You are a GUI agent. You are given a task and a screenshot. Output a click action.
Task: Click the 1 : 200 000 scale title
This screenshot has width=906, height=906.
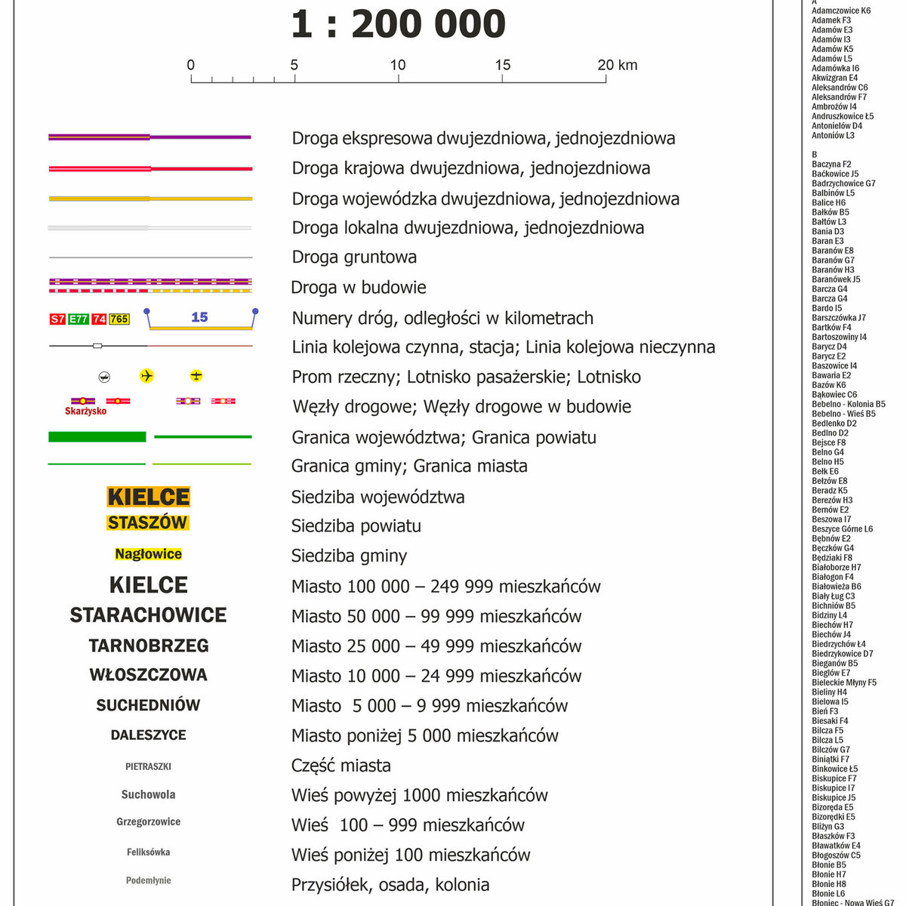pos(398,24)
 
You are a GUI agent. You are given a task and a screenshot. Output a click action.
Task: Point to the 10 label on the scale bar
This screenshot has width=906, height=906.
pos(398,65)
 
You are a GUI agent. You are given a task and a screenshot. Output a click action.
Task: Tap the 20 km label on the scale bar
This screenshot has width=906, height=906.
pos(617,65)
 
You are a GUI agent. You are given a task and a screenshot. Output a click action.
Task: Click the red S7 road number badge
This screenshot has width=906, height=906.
pos(57,319)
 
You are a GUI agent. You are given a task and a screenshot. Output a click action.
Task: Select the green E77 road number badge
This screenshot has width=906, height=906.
pos(79,319)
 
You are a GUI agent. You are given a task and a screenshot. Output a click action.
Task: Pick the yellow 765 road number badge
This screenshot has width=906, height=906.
pos(119,319)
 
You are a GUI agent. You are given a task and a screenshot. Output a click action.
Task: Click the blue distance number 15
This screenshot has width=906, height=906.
pos(199,317)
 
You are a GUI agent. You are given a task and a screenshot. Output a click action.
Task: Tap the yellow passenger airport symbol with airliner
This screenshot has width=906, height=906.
pos(146,376)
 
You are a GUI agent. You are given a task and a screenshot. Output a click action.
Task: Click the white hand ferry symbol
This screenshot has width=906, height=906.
pos(105,377)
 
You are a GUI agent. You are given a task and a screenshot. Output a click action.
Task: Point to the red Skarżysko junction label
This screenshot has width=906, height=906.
pos(85,411)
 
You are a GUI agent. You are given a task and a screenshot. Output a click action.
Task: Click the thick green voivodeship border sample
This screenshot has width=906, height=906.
pos(97,436)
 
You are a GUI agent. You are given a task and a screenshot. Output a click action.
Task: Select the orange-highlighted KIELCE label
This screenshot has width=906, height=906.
pos(149,497)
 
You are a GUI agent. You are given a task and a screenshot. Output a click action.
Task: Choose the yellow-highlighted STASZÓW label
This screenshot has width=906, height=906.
pos(148,522)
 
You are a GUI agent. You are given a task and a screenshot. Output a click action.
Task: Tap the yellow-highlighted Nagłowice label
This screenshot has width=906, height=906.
pos(148,554)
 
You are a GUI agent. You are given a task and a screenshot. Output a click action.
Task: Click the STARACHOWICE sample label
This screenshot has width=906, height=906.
pos(148,615)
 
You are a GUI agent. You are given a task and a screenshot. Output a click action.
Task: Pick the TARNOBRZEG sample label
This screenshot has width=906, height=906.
pos(149,646)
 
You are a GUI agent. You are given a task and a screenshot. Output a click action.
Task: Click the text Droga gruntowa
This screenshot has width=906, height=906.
pos(354,257)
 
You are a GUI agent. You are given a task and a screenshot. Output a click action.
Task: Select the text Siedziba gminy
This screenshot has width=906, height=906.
pos(349,556)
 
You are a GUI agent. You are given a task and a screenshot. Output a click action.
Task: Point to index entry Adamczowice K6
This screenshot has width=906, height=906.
pos(840,11)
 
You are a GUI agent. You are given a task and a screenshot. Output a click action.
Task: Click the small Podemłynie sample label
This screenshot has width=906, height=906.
pos(148,880)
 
